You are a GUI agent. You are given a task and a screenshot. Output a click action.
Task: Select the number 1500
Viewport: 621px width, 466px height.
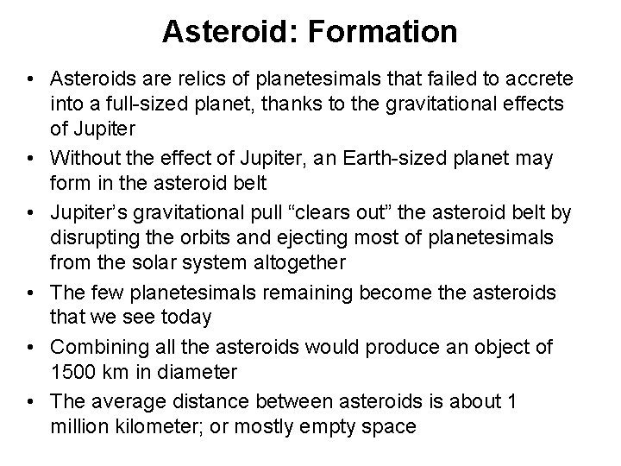point(71,373)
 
